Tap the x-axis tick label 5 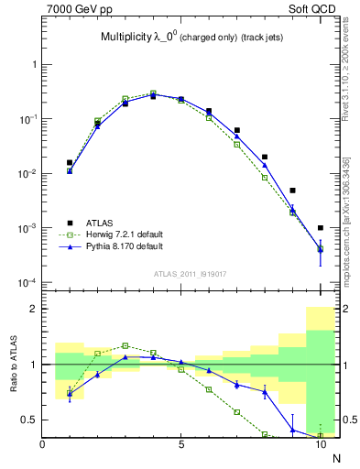point(181,446)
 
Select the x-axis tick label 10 point(320,446)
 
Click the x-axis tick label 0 point(43,446)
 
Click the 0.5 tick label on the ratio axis point(28,420)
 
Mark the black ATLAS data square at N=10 point(321,228)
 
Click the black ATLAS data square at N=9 point(292,191)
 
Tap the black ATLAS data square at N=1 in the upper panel point(70,162)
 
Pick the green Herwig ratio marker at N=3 point(125,345)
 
